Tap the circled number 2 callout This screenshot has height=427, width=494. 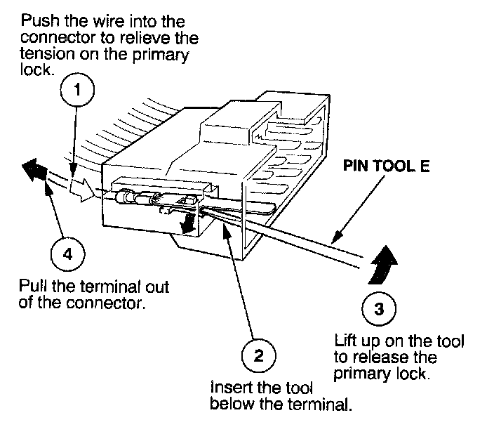258,356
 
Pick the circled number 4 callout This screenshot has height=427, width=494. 67,254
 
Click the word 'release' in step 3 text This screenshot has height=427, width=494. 378,358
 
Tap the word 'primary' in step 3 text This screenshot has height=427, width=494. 357,374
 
